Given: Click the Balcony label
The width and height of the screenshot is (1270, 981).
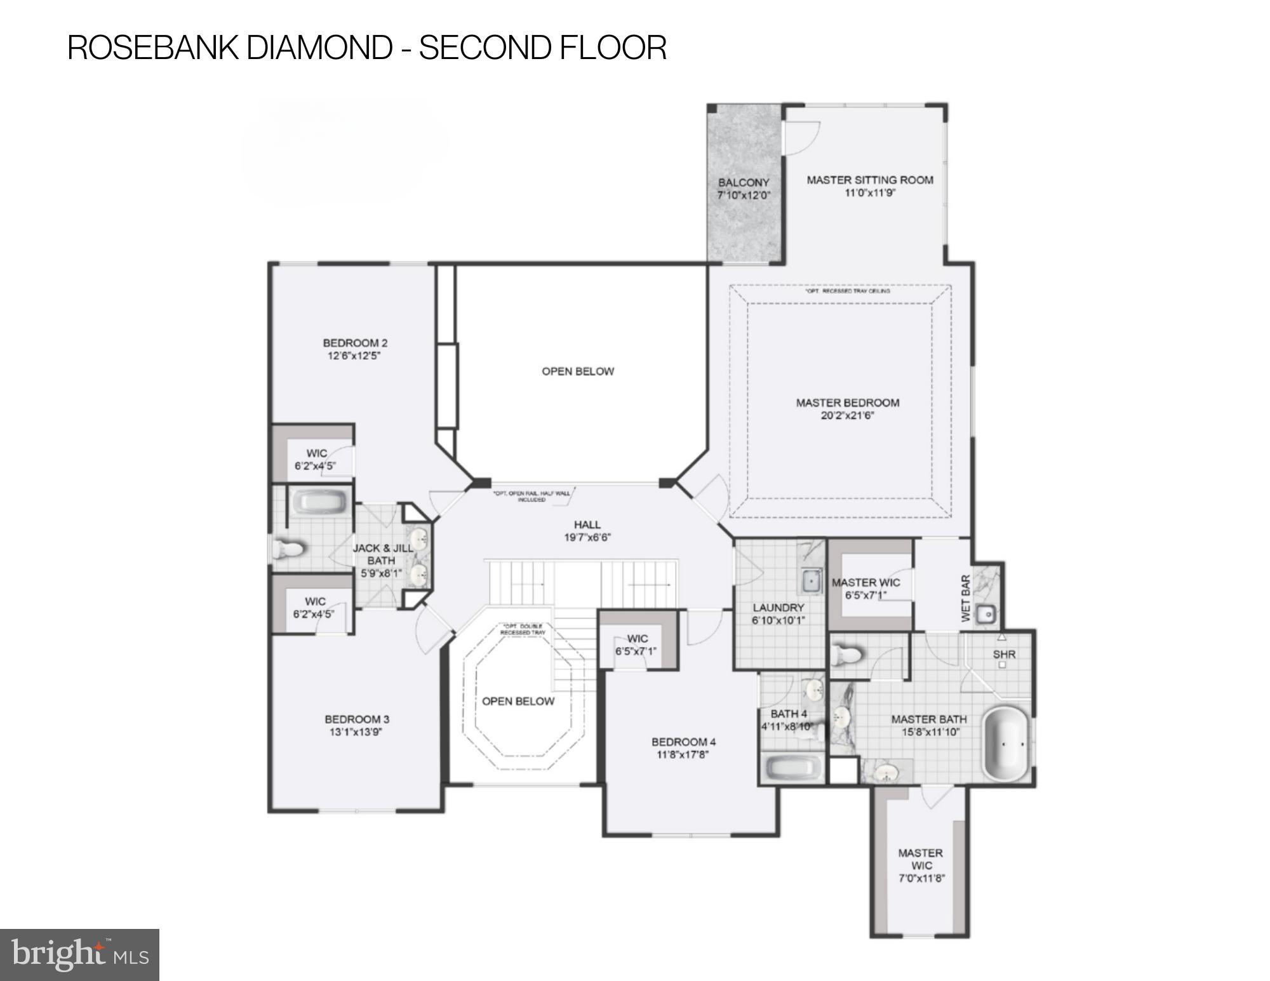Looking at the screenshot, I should click(744, 183).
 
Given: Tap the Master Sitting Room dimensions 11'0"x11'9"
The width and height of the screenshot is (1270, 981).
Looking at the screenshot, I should click(869, 193).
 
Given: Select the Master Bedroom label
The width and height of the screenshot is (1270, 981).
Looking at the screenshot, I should click(848, 403).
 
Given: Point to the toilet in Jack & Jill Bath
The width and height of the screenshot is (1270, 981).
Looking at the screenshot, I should click(287, 549).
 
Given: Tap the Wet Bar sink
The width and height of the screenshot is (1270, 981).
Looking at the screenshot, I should click(986, 614).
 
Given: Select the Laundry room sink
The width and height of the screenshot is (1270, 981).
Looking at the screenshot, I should click(810, 580).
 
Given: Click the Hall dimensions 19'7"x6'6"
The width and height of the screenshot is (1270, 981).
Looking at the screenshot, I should click(587, 537).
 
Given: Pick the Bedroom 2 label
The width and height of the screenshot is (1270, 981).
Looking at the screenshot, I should click(355, 343).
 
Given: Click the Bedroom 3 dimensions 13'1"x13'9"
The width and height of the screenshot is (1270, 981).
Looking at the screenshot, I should click(356, 731).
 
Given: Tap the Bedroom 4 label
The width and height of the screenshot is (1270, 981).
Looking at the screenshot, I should click(683, 742).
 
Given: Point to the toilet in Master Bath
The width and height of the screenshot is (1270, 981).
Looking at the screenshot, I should click(846, 655).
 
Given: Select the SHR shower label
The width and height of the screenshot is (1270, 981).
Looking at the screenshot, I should click(1004, 654).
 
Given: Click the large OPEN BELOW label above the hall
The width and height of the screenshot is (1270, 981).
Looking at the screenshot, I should click(577, 371).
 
